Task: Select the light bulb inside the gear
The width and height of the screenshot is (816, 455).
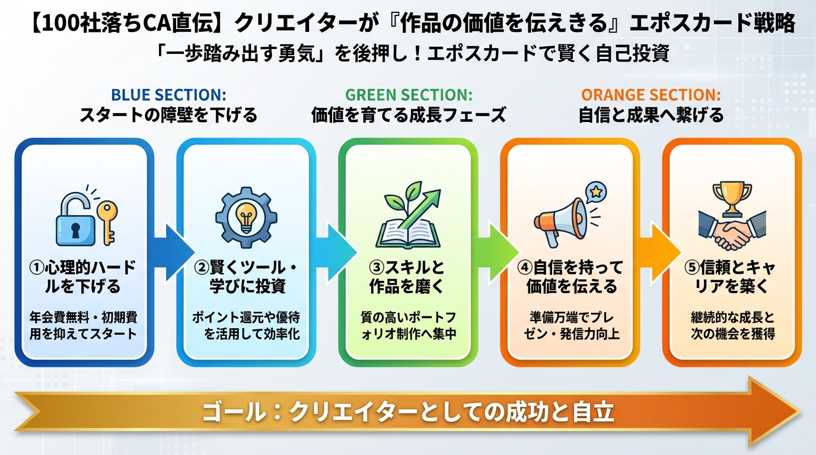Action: [x=246, y=214]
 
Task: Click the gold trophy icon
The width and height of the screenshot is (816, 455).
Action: [x=732, y=197]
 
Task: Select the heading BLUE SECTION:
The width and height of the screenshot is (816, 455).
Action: [x=169, y=95]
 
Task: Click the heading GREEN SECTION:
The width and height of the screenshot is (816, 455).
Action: [x=409, y=95]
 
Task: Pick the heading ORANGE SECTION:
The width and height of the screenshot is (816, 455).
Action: [x=651, y=95]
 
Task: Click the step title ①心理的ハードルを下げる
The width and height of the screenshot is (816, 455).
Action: [x=83, y=277]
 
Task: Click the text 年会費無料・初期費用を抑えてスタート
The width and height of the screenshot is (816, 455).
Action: [x=83, y=325]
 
